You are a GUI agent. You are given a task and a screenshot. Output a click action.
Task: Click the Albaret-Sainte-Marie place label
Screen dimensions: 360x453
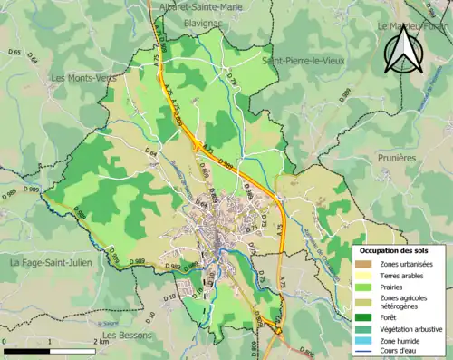[198, 6]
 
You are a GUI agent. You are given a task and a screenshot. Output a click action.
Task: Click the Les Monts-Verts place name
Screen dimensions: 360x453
[84, 78]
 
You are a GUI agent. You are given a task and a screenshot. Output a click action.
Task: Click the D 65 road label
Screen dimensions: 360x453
[15, 54]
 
